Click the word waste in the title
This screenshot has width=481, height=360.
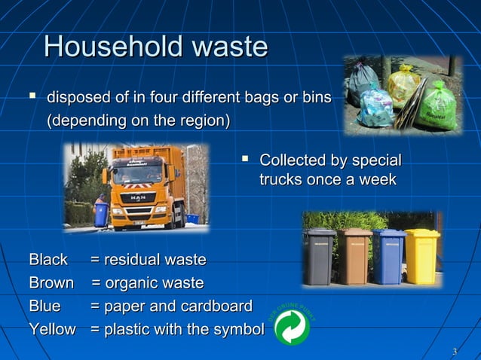tap(228, 47)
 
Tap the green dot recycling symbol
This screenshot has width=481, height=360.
tap(291, 327)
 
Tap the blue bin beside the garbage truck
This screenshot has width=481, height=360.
tap(101, 214)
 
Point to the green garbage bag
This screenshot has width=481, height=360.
tap(438, 107)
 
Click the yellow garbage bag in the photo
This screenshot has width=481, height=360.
tap(404, 84)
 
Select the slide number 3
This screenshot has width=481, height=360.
tap(454, 352)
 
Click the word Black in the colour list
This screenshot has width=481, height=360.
tap(48, 260)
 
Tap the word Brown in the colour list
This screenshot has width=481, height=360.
tap(51, 283)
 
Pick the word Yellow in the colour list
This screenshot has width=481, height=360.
tap(52, 329)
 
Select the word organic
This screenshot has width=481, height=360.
tap(129, 283)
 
